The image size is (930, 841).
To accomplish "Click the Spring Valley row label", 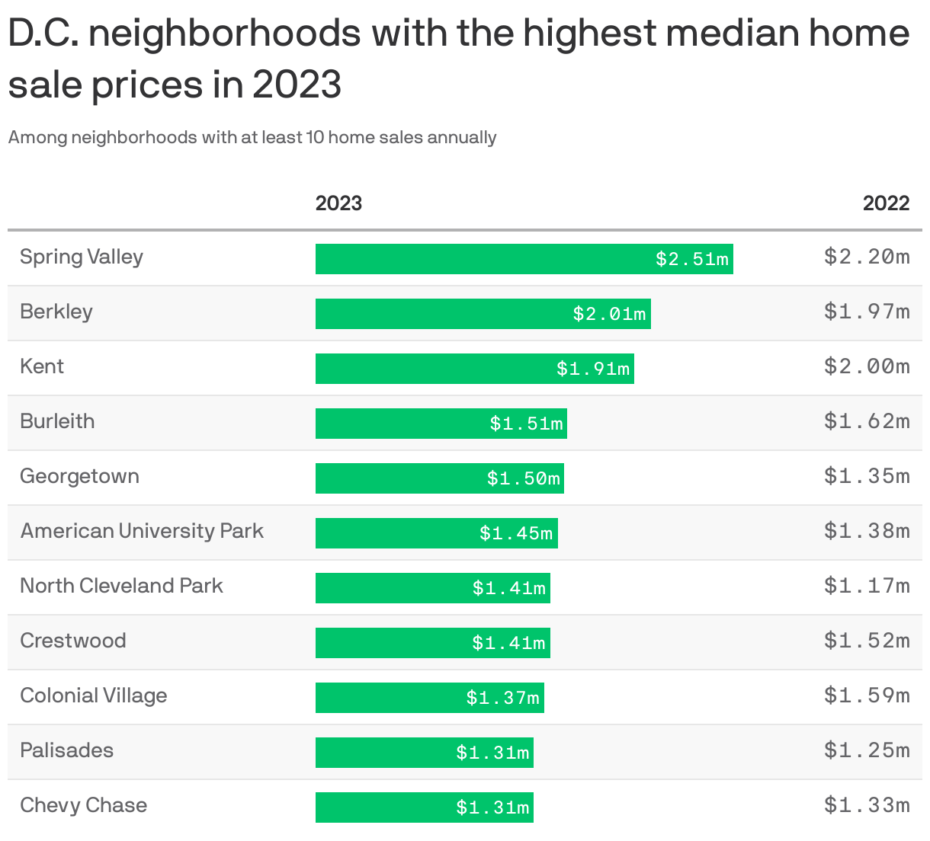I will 82,257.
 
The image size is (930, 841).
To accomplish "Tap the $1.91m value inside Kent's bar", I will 593,369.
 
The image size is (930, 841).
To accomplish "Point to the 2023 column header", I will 338,203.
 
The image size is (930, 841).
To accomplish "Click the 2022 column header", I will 886,203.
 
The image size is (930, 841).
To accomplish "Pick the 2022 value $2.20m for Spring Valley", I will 867,257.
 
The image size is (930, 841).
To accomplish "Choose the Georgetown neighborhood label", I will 79,476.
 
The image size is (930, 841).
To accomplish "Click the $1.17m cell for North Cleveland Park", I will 867,586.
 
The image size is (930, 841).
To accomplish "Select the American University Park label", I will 142,531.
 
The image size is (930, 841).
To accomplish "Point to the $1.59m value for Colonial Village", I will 867,696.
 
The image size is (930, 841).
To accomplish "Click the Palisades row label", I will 66,750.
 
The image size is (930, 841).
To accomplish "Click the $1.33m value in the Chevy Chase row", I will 867,805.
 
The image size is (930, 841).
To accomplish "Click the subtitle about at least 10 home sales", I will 252,138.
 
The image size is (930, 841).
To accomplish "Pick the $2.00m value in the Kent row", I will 867,366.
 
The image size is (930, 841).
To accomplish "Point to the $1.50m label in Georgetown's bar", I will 524,478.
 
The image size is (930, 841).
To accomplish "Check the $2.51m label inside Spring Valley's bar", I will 692,259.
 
